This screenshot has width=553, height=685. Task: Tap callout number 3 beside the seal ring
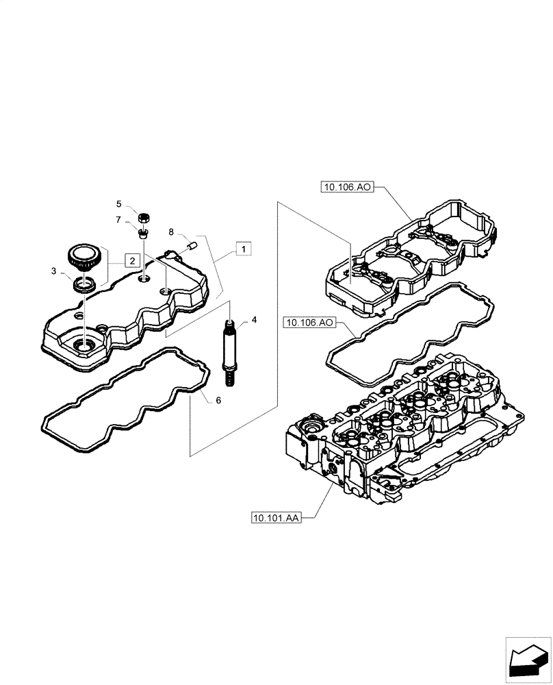[x=53, y=272]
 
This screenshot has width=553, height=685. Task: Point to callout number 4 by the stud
[x=254, y=320]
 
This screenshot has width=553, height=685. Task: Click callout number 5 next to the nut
[x=118, y=204]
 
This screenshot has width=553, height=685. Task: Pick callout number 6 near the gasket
[x=218, y=399]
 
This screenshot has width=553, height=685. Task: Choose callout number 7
[x=118, y=219]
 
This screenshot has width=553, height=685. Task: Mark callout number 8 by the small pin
[x=172, y=233]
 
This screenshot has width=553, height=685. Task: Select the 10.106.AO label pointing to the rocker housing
[x=346, y=186]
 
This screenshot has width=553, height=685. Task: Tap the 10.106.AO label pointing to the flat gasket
[x=307, y=321]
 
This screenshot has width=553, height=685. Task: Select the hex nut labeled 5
[x=144, y=218]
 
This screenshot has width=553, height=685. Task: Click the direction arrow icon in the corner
[x=528, y=659]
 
